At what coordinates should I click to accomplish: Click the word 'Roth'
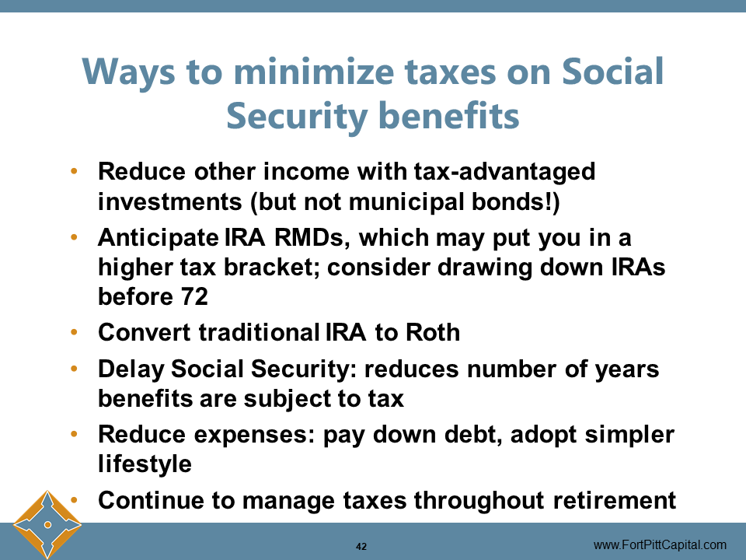pos(432,332)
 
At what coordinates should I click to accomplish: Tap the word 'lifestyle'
pos(145,464)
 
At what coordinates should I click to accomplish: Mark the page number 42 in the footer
pos(361,546)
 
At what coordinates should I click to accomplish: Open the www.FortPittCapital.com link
pos(660,545)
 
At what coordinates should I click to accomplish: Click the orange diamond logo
pos(47,525)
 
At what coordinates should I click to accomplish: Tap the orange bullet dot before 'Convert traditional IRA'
pos(75,332)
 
